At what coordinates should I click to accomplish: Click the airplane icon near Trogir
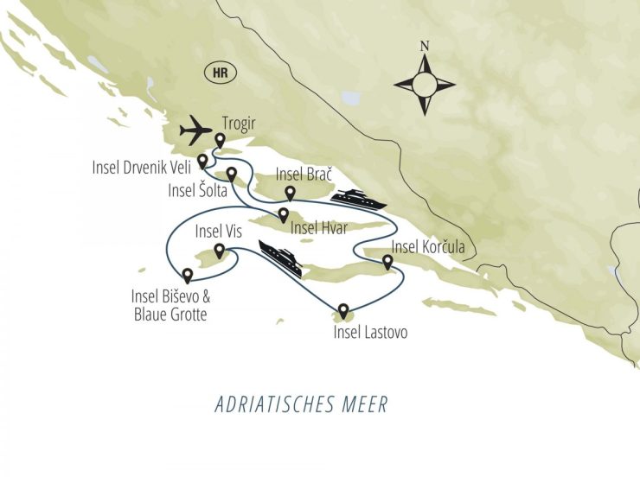click(x=195, y=131)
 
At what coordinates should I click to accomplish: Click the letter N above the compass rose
click(x=424, y=47)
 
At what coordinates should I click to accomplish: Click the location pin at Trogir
click(x=220, y=140)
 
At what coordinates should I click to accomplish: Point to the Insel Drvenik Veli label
click(x=142, y=166)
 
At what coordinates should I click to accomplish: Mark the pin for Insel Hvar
click(x=283, y=213)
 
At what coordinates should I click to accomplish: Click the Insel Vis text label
click(x=220, y=231)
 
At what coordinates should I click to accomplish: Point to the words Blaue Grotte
click(x=170, y=315)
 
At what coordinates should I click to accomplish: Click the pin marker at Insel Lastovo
click(x=343, y=310)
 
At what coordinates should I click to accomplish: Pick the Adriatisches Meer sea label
click(x=302, y=404)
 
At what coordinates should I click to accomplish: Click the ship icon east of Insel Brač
click(x=357, y=199)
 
